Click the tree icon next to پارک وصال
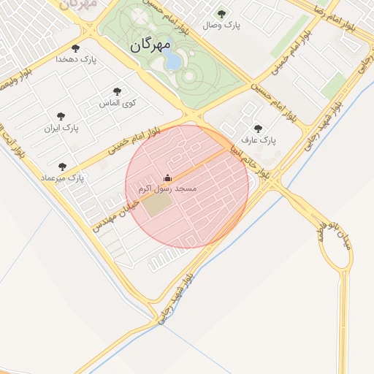pyautogui.click(x=222, y=14)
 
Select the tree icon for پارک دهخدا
pyautogui.click(x=76, y=48)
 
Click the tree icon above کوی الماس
pyautogui.click(x=118, y=91)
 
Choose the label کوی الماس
pyautogui.click(x=118, y=103)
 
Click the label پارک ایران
pyautogui.click(x=61, y=128)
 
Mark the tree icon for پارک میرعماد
pyautogui.click(x=62, y=167)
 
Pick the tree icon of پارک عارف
pyautogui.click(x=258, y=128)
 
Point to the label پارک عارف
pyautogui.click(x=259, y=139)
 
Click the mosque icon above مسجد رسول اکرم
pyautogui.click(x=167, y=178)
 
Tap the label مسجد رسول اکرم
pyautogui.click(x=167, y=188)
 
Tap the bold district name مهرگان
pyautogui.click(x=150, y=45)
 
